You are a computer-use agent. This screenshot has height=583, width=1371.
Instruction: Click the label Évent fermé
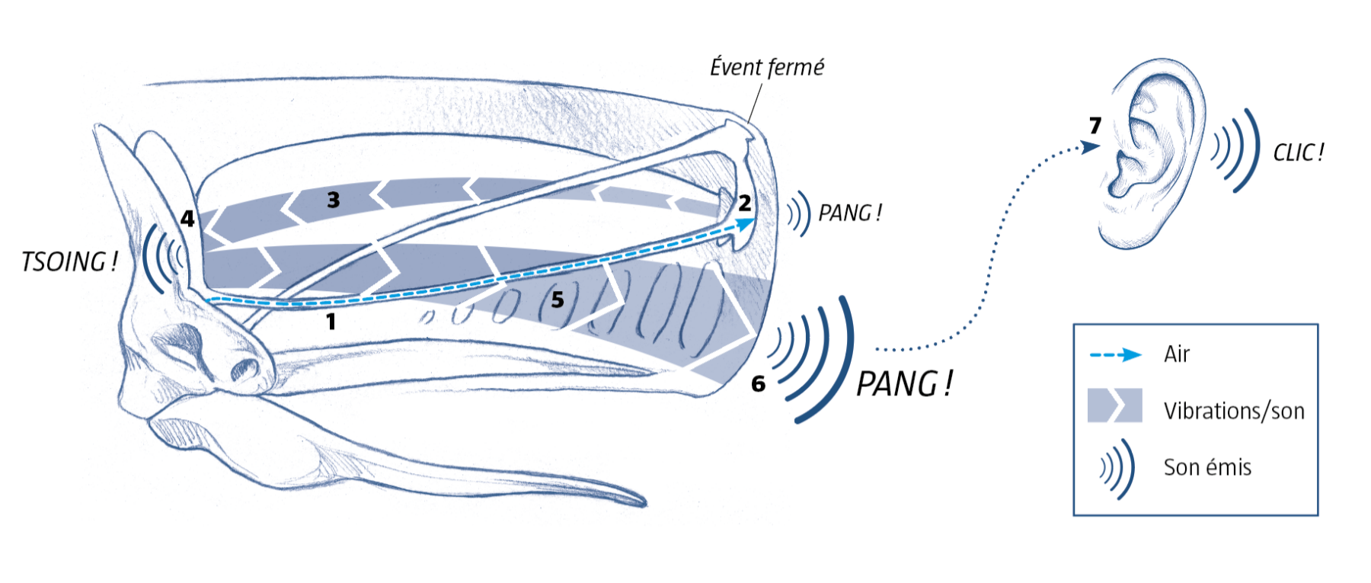pos(767,68)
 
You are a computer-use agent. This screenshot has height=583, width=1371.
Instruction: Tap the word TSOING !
pos(69,262)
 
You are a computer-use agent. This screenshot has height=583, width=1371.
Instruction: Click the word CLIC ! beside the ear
pos(1299,152)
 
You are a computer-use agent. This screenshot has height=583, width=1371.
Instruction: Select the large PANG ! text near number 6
pos(904,383)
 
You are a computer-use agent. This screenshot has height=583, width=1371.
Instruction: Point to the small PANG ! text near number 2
pos(850,213)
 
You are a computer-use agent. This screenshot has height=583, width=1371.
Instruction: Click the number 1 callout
pos(331,322)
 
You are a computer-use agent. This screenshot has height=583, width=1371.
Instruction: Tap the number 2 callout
pos(744,203)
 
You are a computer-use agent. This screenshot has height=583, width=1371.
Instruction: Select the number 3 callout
pos(333,200)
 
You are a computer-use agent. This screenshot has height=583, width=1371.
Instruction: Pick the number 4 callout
pos(187,219)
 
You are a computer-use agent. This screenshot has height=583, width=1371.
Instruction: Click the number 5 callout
pos(558,300)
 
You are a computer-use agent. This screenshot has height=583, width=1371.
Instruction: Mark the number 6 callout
pos(758,383)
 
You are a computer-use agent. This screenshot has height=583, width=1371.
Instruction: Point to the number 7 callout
pos(1095,125)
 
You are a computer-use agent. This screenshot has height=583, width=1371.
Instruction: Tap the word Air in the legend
pos(1177,354)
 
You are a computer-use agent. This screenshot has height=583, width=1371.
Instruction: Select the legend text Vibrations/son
pos(1234,411)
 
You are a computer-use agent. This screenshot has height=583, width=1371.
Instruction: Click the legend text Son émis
pos(1207,467)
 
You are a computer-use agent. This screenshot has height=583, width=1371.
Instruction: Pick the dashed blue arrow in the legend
pos(1116,354)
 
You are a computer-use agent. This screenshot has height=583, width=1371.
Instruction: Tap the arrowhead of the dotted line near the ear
pos(1091,146)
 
